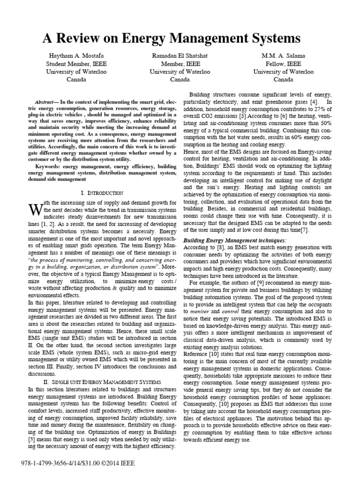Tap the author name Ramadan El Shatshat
click(180, 55)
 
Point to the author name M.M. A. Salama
click(283, 55)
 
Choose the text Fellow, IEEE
click(283, 63)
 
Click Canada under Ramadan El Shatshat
click(180, 80)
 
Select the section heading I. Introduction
click(101, 193)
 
